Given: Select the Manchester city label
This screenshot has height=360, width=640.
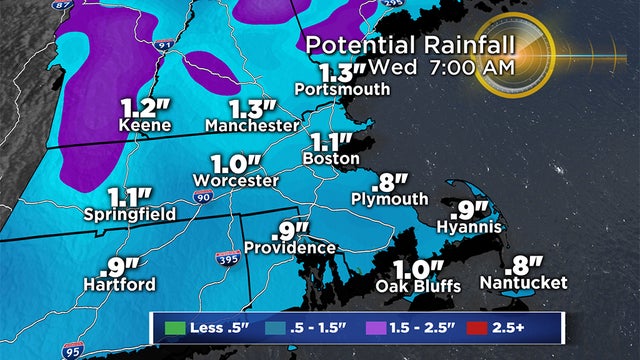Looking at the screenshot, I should click(252, 126).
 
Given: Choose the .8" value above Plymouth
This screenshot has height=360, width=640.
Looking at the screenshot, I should click(390, 183).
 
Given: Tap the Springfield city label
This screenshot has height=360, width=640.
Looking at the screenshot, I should click(132, 214).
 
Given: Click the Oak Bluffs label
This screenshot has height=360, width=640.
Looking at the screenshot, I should click(417, 286).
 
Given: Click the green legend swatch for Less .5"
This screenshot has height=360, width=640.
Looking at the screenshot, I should click(172, 325).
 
